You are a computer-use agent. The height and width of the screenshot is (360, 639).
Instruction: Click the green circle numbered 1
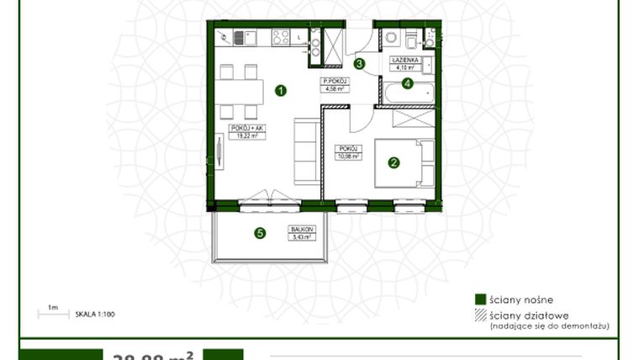point(281,89)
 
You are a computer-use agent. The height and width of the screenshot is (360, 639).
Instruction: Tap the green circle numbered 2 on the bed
point(393,163)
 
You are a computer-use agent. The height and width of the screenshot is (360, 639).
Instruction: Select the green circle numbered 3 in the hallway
point(359,63)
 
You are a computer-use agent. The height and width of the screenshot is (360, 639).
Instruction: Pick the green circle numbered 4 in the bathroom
point(407,82)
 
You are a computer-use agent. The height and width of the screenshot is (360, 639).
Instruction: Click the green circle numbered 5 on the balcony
point(260,234)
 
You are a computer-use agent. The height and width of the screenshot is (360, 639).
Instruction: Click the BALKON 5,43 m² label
point(303,232)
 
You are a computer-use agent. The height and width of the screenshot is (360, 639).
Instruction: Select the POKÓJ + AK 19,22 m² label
point(242,130)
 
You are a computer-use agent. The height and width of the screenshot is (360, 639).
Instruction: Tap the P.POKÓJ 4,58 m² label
point(337,84)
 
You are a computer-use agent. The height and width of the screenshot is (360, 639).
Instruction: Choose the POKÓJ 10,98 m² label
point(350,152)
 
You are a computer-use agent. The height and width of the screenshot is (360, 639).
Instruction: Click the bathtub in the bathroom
point(409,93)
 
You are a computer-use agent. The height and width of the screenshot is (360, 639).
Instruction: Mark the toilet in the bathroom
point(409,40)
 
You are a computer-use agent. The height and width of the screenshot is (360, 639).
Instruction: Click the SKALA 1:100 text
point(94,313)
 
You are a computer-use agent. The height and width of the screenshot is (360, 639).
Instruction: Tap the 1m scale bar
point(53,314)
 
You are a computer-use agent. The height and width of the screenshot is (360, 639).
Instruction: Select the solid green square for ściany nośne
point(480,299)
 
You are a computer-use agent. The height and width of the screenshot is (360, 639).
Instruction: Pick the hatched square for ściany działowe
point(480,315)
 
